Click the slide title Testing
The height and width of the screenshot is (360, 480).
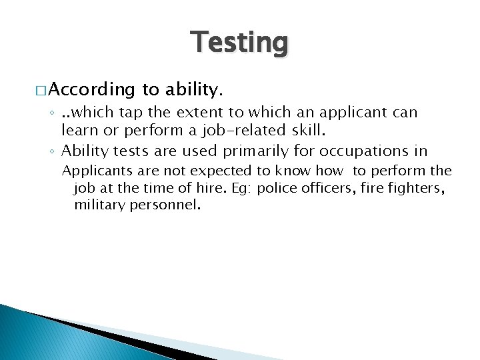pyautogui.click(x=240, y=43)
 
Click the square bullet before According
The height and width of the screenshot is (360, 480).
pyautogui.click(x=41, y=89)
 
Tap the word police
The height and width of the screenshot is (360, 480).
pyautogui.click(x=275, y=188)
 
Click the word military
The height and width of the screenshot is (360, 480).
pyautogui.click(x=98, y=205)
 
